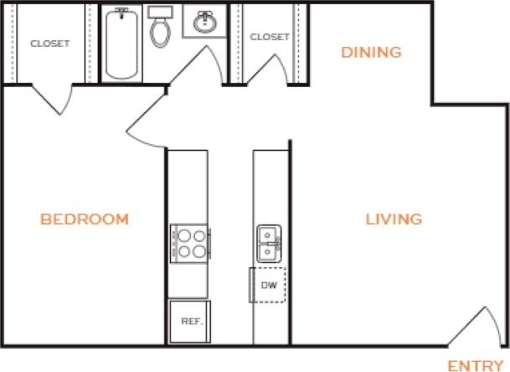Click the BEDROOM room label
pyautogui.click(x=85, y=220)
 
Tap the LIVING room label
pyautogui.click(x=393, y=220)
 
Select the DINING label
pyautogui.click(x=371, y=52)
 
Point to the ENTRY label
pyautogui.click(x=476, y=365)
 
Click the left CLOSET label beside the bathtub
pyautogui.click(x=49, y=44)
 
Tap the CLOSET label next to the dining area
pyautogui.click(x=270, y=37)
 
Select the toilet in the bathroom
pyautogui.click(x=159, y=30)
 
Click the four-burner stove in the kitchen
pyautogui.click(x=188, y=242)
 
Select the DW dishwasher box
pyautogui.click(x=269, y=286)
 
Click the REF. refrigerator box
pyautogui.click(x=188, y=321)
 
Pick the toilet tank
pyautogui.click(x=159, y=14)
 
